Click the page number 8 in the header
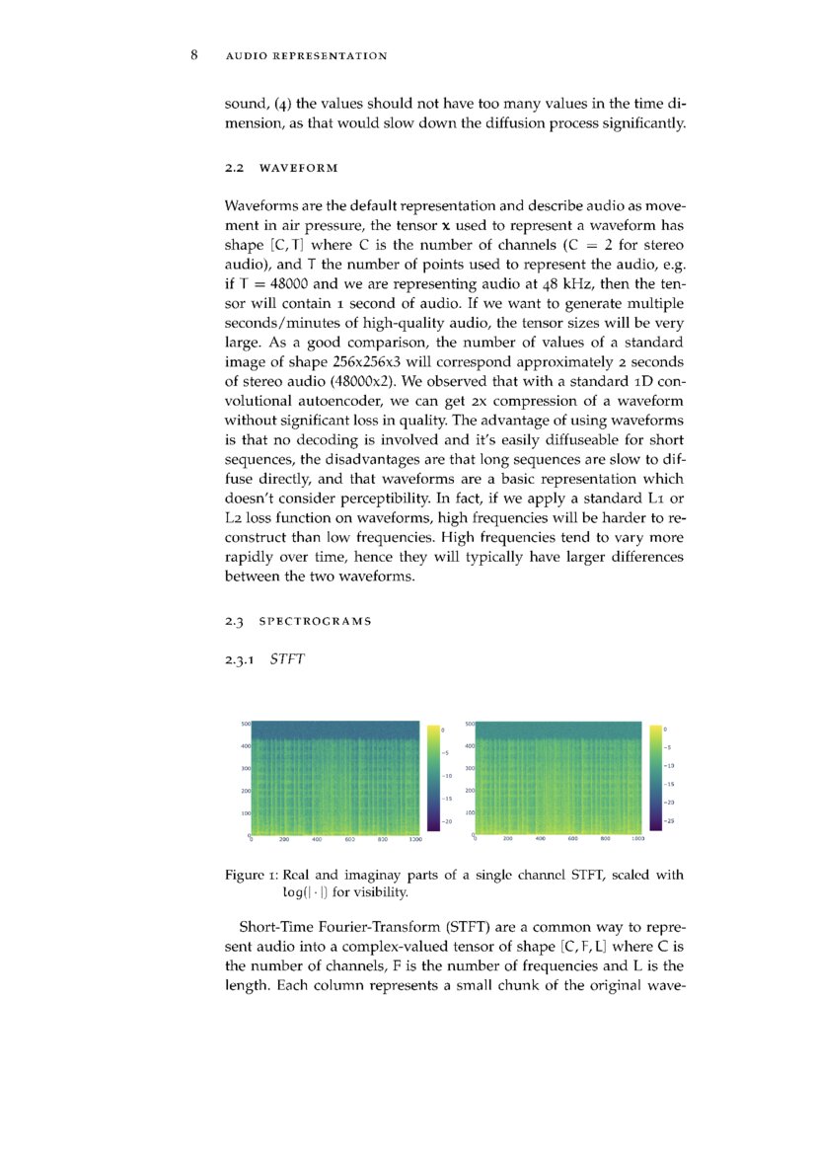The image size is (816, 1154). (195, 55)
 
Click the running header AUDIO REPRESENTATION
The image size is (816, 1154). (306, 56)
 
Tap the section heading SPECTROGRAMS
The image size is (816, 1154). (315, 621)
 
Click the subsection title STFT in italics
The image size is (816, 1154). (286, 658)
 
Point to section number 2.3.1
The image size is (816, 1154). (241, 658)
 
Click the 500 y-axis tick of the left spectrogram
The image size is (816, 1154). (245, 725)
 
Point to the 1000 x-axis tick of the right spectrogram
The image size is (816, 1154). (638, 839)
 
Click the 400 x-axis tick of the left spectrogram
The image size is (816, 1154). (317, 840)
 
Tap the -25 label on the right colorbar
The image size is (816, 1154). (669, 821)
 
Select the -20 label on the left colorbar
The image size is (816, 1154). (446, 821)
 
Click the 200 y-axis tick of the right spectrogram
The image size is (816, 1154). (470, 791)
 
